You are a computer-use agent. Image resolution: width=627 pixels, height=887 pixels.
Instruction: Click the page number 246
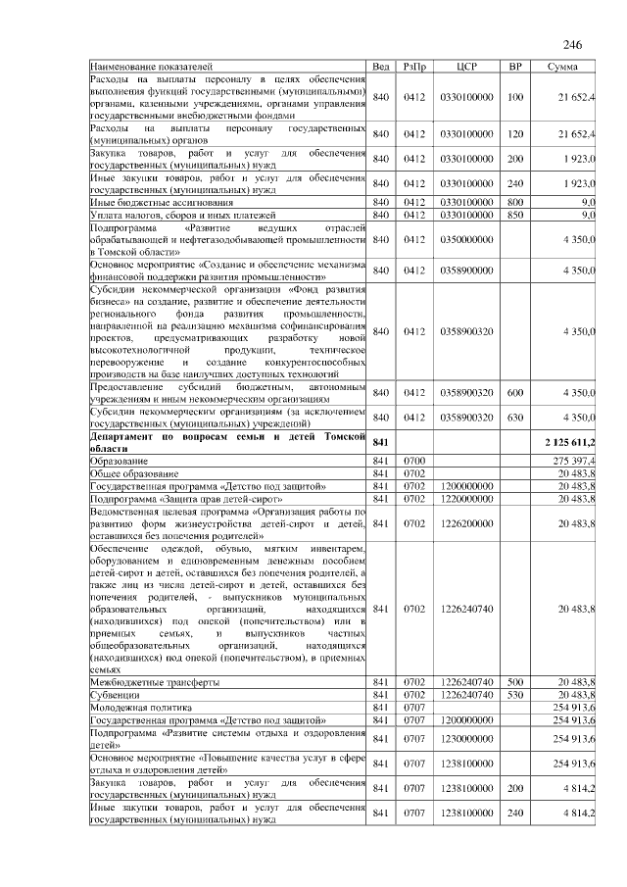pyautogui.click(x=573, y=45)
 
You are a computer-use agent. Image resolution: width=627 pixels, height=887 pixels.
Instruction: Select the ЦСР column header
pyautogui.click(x=466, y=66)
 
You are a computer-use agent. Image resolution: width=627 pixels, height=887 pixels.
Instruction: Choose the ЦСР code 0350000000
pyautogui.click(x=466, y=239)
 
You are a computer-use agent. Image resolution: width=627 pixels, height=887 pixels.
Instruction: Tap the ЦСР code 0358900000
pyautogui.click(x=466, y=270)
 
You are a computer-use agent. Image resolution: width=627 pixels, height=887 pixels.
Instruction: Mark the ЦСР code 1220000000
pyautogui.click(x=466, y=498)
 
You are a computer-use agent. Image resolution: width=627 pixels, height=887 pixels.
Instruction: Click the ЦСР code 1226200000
pyautogui.click(x=466, y=524)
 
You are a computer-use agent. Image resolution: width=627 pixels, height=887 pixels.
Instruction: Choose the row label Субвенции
pyautogui.click(x=115, y=694)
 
